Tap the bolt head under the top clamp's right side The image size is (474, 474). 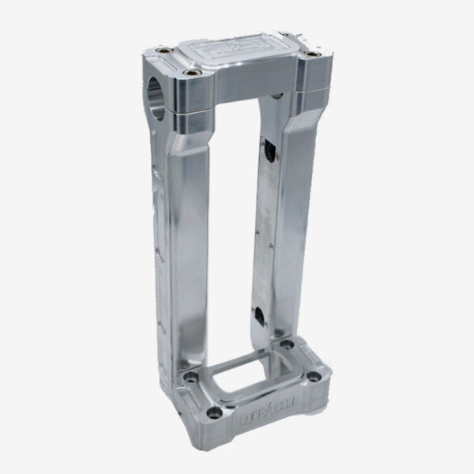[276, 96]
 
